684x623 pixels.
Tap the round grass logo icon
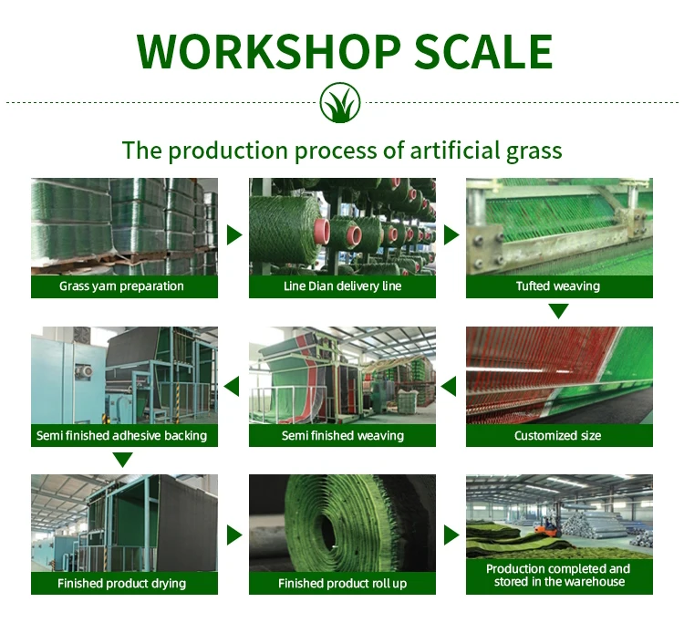tap(341, 103)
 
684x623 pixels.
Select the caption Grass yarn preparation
tap(121, 286)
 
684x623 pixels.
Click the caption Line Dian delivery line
tap(342, 286)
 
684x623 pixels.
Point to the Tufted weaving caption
tap(558, 286)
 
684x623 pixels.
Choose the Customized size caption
tap(558, 436)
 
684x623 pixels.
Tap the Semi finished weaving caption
tap(342, 436)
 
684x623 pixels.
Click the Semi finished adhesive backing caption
tap(121, 436)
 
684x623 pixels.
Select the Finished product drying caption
tap(121, 584)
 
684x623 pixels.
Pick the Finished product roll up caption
tap(342, 584)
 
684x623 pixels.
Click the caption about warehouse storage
tap(558, 576)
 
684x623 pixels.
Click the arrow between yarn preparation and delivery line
tap(233, 235)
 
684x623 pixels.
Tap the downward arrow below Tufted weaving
tap(558, 312)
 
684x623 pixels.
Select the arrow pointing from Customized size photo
tap(449, 387)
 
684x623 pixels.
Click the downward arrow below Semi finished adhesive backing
tap(122, 459)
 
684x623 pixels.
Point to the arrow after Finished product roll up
tap(451, 534)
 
